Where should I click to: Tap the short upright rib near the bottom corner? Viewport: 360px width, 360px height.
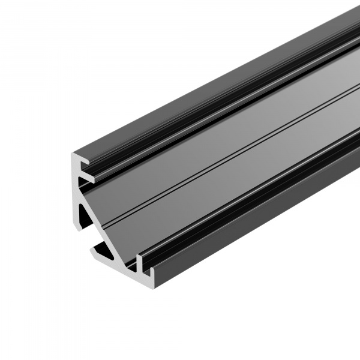tap(140, 261)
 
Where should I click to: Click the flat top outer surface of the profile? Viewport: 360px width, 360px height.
tap(240, 66)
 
